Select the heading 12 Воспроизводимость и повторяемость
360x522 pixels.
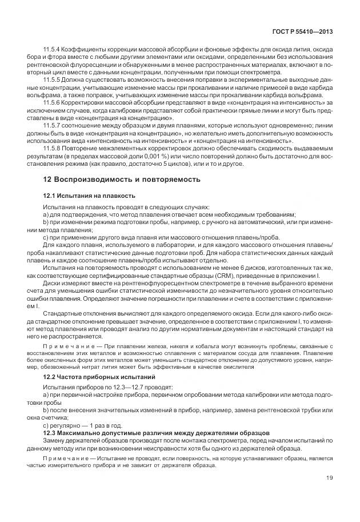coord(122,179)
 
